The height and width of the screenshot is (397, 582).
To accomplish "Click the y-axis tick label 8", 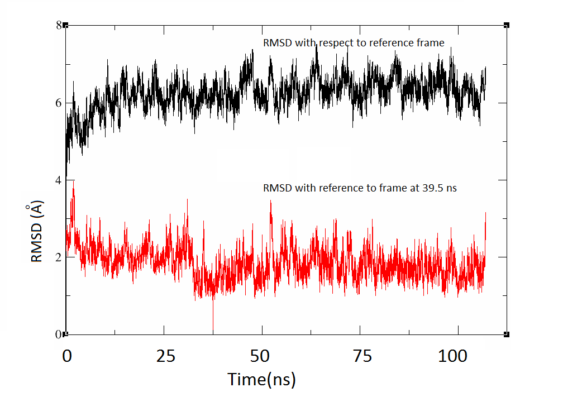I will (58, 25).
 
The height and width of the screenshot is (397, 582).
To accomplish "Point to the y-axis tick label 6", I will (58, 103).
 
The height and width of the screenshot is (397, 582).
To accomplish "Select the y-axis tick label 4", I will (58, 180).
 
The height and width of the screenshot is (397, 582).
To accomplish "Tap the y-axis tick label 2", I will (58, 257).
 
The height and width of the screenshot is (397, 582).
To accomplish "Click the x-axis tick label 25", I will (164, 356).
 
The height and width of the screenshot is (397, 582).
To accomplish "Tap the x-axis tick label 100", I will (457, 356).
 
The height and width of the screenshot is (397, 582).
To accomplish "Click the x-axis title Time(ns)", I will (261, 380).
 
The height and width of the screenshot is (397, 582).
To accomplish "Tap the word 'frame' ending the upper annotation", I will (431, 43).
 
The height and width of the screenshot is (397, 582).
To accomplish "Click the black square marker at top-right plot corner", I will (507, 25).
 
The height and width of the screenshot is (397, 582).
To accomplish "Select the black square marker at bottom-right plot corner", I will (507, 334).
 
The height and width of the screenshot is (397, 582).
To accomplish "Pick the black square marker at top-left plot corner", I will (66, 25).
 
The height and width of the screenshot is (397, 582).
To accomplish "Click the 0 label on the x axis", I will (66, 356).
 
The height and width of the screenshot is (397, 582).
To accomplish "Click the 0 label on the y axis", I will (58, 334).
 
